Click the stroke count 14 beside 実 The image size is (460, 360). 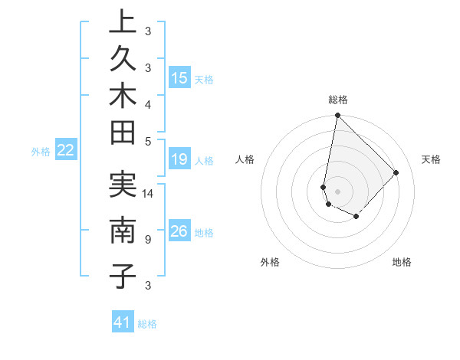coord(149,194)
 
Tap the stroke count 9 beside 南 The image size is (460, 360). coord(148,240)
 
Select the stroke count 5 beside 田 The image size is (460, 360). coord(148,141)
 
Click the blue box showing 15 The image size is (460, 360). coord(179,77)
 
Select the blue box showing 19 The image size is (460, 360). coord(179,159)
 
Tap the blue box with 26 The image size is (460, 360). coord(179,231)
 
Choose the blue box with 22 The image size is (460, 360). coord(66,150)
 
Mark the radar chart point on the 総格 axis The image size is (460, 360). coord(337,116)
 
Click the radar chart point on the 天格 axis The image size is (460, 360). coord(396,172)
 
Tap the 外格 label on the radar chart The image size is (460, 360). coord(270,262)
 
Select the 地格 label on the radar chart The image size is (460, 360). coord(402,262)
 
